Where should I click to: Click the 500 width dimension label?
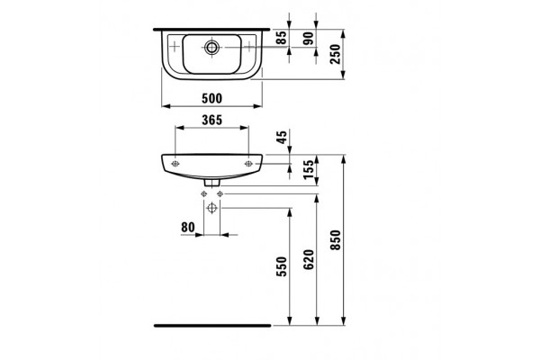tap(211, 98)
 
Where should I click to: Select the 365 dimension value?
tap(212, 120)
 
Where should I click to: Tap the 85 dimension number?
tap(282, 38)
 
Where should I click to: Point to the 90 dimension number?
tap(310, 38)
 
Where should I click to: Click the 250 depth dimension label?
tap(335, 54)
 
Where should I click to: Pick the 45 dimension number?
tap(282, 137)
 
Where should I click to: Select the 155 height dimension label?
tap(309, 169)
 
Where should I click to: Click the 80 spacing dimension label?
tap(188, 228)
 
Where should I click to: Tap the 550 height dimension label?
tap(282, 266)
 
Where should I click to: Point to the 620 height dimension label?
tap(309, 259)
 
